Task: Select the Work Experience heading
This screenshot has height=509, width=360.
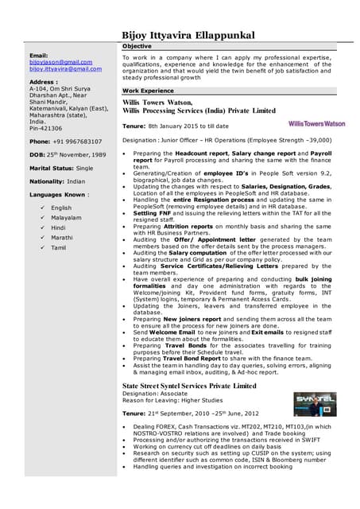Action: [148, 91]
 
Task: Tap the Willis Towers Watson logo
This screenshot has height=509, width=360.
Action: [316, 123]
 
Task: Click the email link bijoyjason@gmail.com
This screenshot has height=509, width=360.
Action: [60, 61]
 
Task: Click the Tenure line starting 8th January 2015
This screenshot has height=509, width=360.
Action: [175, 126]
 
